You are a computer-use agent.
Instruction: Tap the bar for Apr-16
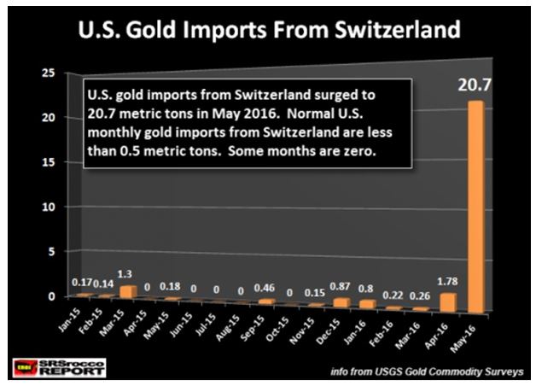[449, 301]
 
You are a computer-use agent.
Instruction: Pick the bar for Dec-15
[342, 301]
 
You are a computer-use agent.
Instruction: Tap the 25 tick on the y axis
[49, 74]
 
